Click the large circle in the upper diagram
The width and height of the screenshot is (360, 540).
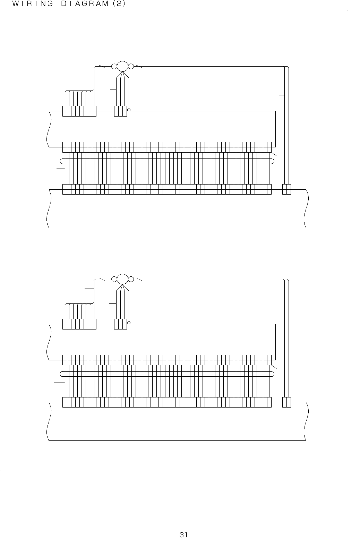[122, 66]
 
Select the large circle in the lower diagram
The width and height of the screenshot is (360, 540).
[122, 279]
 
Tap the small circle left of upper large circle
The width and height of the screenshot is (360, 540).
[114, 66]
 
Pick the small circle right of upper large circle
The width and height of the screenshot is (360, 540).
[131, 66]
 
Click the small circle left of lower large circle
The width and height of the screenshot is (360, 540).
[114, 279]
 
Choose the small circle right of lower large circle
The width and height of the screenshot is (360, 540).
[131, 279]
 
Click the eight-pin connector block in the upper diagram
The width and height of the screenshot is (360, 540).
[79, 111]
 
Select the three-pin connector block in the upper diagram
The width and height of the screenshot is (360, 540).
[121, 111]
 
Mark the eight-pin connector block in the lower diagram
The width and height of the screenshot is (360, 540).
[79, 324]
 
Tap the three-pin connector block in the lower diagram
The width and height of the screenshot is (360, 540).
[121, 324]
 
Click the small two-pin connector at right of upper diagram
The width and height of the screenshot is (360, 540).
[286, 189]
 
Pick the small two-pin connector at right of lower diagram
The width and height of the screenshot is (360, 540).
[286, 402]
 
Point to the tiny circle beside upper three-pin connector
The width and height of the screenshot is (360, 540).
[129, 110]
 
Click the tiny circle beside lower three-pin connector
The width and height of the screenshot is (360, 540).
[129, 323]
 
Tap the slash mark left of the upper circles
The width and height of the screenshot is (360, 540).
[102, 66]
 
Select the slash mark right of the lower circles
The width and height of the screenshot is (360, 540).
[139, 279]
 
